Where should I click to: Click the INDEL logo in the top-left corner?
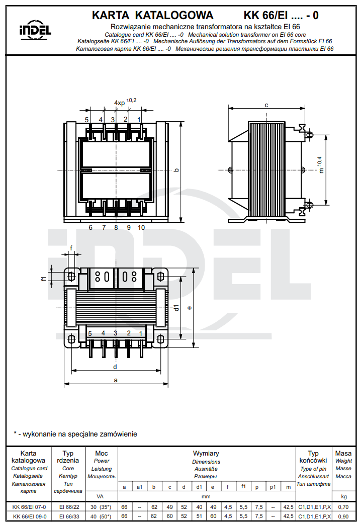coord(35,31)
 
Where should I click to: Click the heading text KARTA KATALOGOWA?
coord(153,16)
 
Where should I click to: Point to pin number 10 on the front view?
coord(141,227)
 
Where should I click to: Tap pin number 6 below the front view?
coord(91,227)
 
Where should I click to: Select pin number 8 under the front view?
coord(116,227)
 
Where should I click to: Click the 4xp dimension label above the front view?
coord(120,103)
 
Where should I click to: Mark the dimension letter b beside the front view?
coord(176,170)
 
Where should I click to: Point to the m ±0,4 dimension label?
coord(320,164)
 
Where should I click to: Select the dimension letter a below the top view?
coord(116,380)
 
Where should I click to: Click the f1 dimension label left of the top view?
coord(43,278)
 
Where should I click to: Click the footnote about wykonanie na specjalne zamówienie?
coord(75,434)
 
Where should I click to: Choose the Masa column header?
coord(343,453)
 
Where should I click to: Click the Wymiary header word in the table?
coord(206,453)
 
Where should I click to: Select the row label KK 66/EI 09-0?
coord(29,516)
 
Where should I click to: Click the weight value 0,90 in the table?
coord(343,516)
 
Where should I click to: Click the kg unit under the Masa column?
coord(343,496)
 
